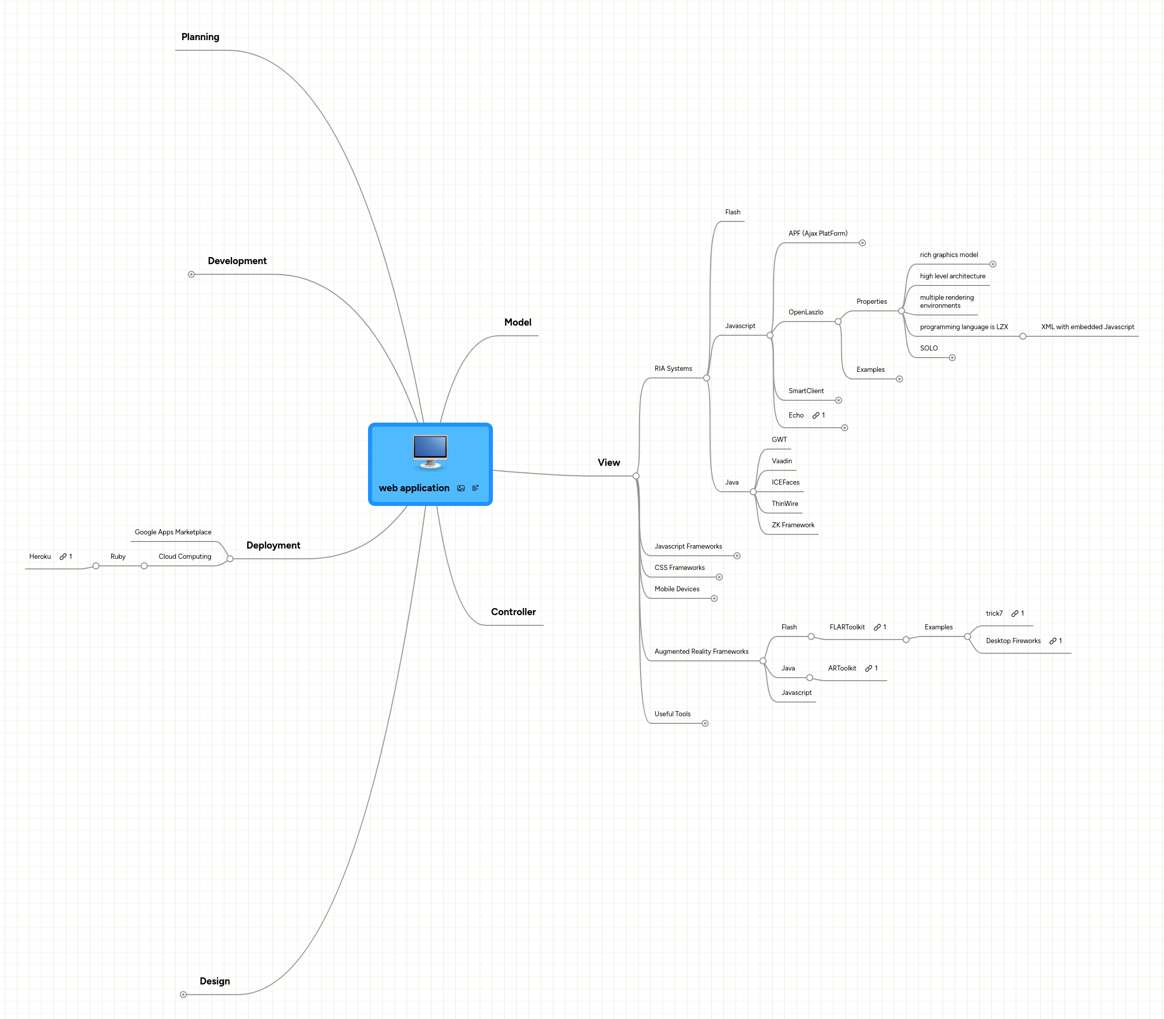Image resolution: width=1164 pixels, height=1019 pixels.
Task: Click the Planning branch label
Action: [200, 37]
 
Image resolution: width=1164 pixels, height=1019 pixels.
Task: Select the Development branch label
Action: [237, 261]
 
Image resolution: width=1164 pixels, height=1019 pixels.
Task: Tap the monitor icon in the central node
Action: [430, 452]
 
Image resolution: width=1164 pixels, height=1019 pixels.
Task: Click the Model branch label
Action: [518, 323]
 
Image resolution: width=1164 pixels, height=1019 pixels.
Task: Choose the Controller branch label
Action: [513, 612]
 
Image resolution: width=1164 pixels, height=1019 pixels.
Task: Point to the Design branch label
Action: [215, 981]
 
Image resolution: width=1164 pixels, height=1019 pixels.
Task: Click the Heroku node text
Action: [40, 557]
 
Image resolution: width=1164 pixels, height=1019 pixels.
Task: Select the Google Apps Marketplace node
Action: [173, 532]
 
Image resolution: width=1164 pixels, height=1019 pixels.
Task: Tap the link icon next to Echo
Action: [816, 416]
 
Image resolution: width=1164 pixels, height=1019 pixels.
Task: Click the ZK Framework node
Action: [793, 525]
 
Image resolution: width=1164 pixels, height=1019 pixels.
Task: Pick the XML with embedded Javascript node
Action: [1087, 327]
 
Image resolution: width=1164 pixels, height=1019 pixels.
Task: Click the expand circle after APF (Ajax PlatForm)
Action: [862, 243]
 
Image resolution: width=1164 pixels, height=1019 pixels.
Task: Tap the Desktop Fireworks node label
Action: [1013, 641]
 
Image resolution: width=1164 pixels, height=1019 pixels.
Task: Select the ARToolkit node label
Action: [842, 668]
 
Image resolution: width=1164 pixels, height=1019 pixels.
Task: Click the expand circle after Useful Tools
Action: [705, 723]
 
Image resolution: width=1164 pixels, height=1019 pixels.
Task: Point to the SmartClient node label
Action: [806, 391]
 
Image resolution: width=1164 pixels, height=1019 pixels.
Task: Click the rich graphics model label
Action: [949, 255]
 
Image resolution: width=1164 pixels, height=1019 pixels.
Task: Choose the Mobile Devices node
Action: [677, 589]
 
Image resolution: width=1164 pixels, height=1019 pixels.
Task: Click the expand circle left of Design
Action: [183, 995]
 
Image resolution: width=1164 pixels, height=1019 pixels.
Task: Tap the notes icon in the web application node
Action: [475, 488]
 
